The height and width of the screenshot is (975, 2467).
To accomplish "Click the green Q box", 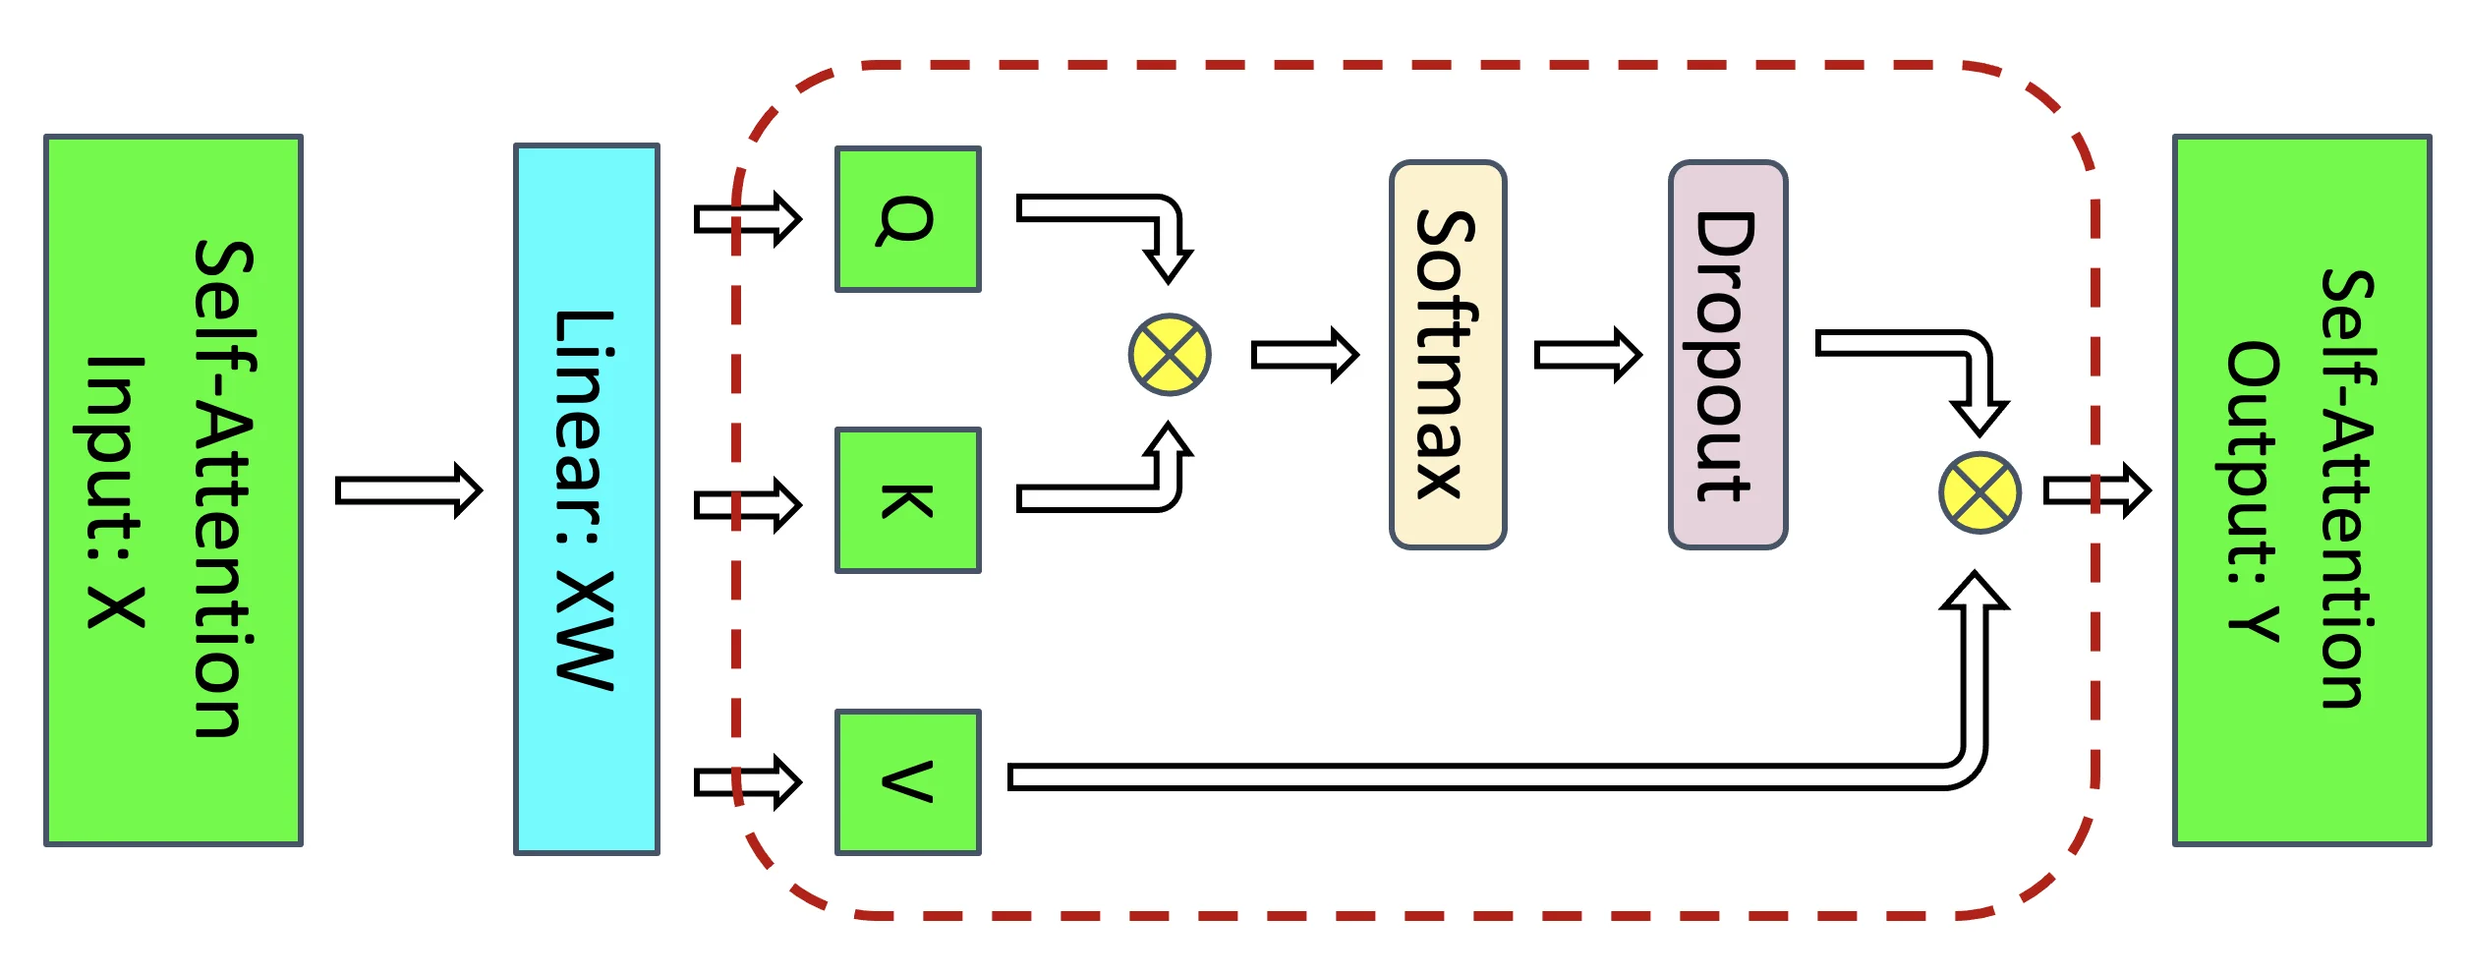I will coord(907,219).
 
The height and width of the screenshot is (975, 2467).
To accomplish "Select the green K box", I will coord(907,500).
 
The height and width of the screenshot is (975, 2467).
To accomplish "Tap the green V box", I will coord(907,782).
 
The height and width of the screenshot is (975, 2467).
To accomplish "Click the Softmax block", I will coord(1447,355).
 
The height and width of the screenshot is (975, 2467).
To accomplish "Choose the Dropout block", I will coord(1727,355).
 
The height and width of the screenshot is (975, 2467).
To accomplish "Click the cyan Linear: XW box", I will coord(586,499).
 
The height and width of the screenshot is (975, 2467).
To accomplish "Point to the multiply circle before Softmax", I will coord(1169,355).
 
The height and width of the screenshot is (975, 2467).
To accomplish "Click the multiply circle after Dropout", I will coord(1979,492).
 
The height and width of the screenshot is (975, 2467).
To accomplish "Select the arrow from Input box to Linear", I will coord(408,489).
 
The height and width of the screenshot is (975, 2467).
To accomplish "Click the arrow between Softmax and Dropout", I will coord(1586,354).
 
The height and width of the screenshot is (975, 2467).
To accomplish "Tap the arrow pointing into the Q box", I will coord(747,219).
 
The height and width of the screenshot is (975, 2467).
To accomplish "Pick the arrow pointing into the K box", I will coord(747,505).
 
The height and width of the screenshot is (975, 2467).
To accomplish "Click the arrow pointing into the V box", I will coord(747,782).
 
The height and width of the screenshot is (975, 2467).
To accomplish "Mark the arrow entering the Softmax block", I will coord(1303,354).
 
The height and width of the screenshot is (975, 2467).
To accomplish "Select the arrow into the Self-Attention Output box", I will coord(2095,489).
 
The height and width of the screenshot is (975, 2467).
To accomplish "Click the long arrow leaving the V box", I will coord(1474,777).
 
